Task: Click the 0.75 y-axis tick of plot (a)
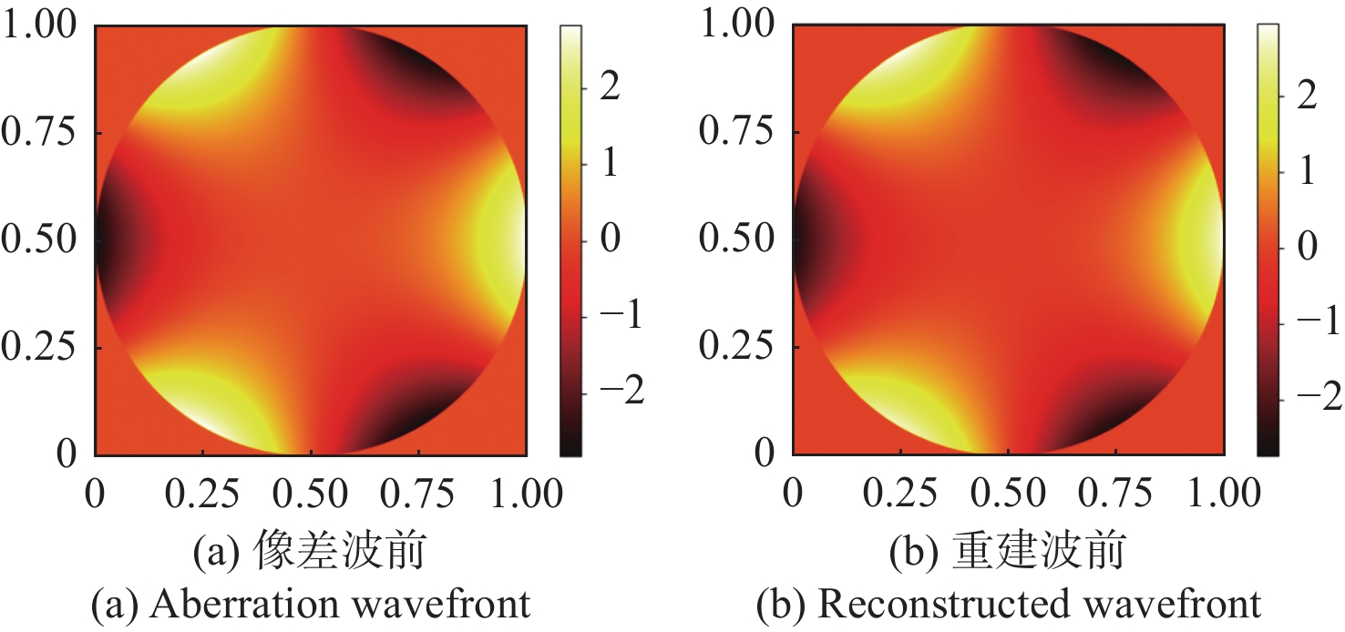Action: tap(40, 133)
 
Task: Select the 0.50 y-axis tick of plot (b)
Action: tap(737, 240)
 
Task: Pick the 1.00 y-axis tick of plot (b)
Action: tap(737, 25)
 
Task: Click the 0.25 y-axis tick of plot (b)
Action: tap(737, 347)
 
